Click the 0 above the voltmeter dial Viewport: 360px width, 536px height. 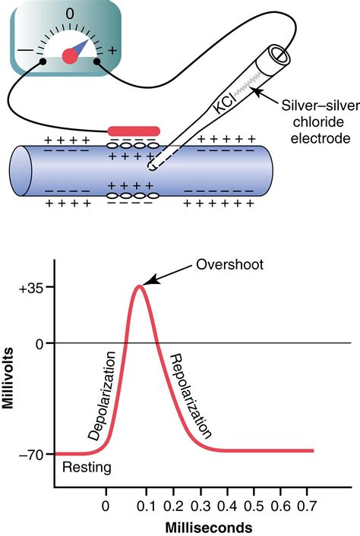coord(70,14)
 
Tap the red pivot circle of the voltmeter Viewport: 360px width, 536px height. coord(70,55)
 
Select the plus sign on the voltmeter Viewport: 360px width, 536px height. coord(112,51)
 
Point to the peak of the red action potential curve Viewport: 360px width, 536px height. coord(139,286)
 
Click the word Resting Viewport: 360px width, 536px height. coord(87,468)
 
